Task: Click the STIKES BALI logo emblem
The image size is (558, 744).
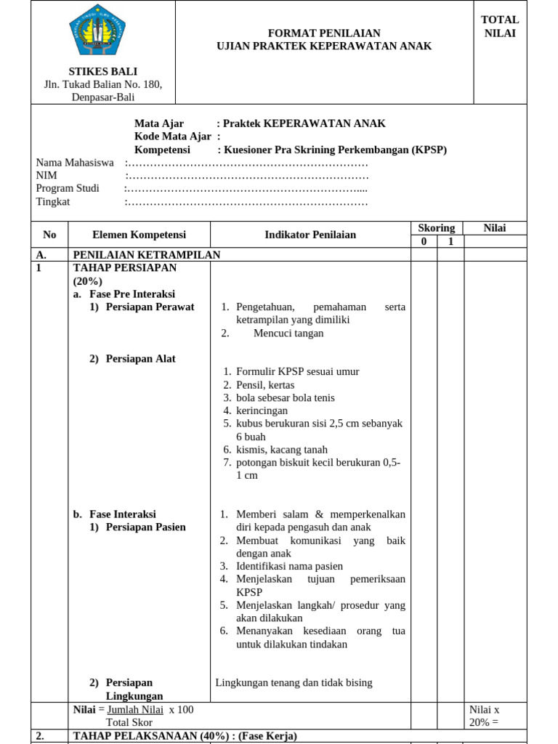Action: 97,30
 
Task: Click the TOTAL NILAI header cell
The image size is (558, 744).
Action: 500,26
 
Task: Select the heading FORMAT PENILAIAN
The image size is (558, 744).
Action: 324,33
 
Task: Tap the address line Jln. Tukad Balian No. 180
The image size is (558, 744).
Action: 103,84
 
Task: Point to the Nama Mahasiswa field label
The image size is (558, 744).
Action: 75,163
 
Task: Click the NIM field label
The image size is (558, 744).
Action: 46,176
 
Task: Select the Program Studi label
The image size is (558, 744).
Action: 68,189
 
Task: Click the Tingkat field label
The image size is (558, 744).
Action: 53,202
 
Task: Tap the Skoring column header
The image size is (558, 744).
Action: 437,228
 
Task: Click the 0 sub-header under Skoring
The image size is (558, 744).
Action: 424,241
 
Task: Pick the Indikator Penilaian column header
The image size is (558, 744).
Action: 310,235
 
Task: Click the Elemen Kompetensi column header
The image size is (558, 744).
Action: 139,235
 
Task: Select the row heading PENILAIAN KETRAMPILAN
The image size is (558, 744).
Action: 147,254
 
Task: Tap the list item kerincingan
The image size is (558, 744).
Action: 262,411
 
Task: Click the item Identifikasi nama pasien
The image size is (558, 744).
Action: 289,566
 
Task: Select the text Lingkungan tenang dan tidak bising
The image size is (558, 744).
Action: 294,683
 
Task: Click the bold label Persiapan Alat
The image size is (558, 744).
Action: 140,359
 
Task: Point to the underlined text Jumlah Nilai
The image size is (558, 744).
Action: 135,710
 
